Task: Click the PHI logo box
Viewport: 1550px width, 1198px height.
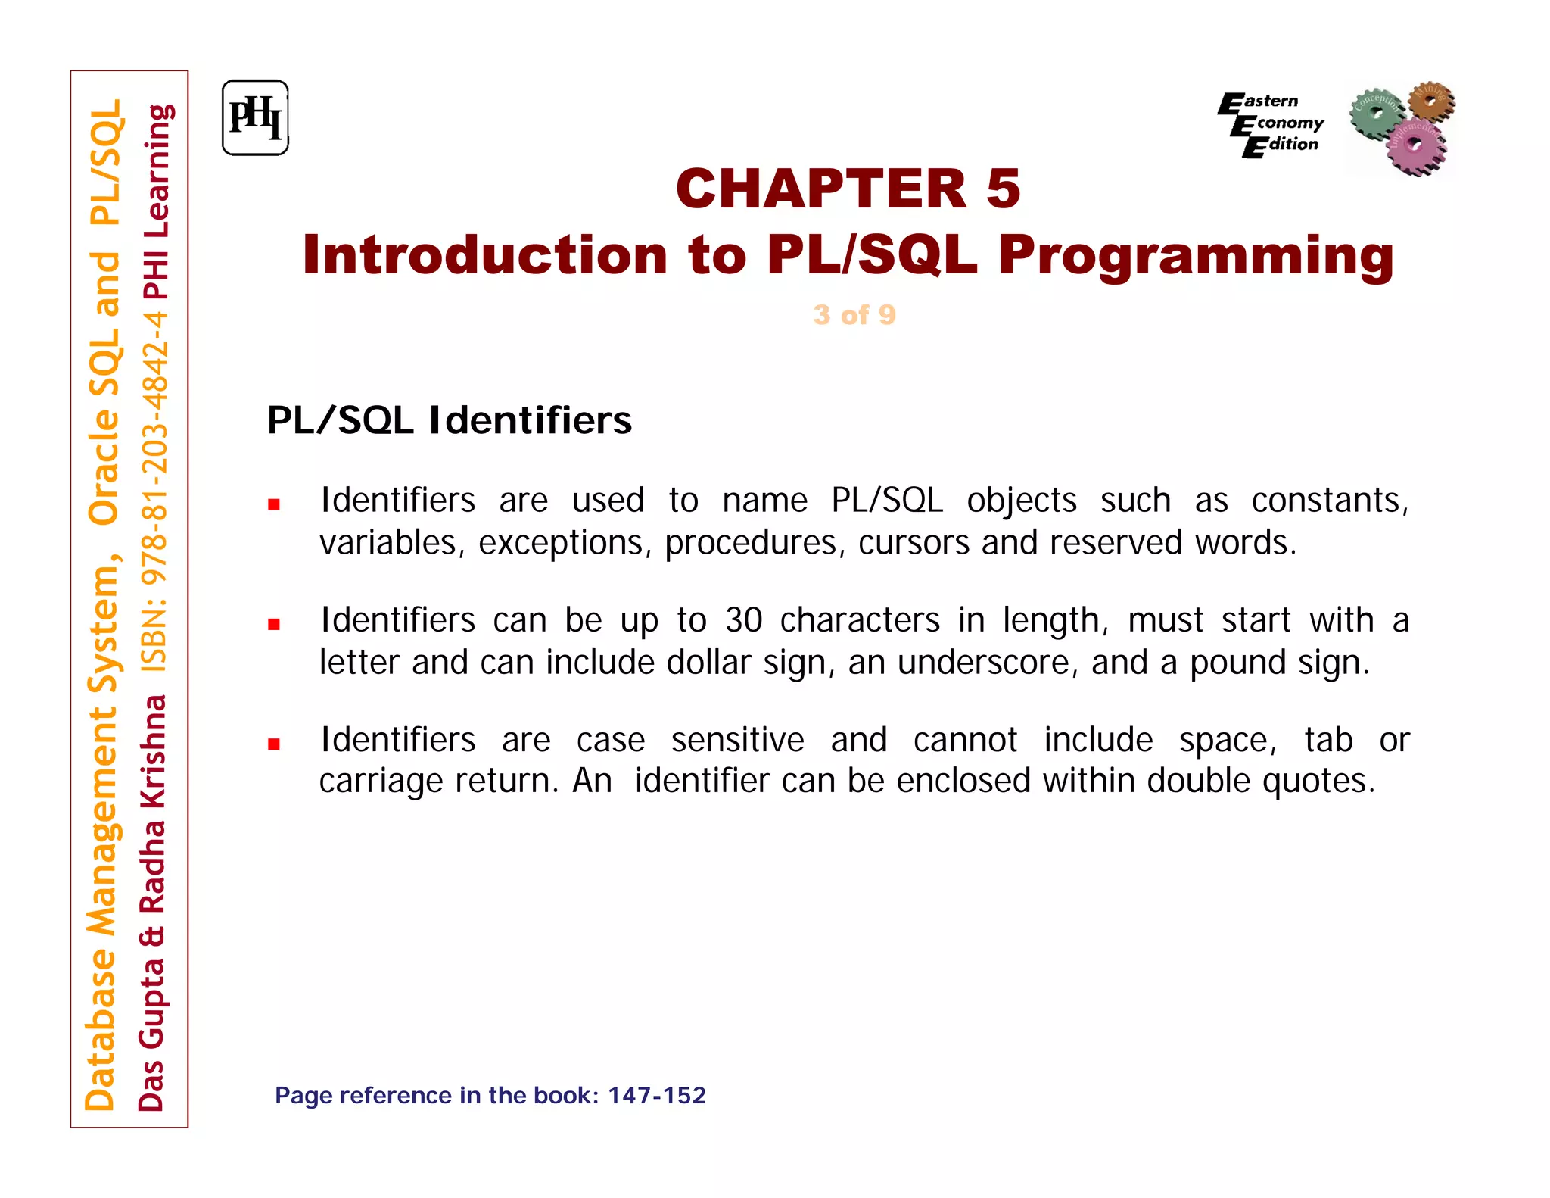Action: click(255, 118)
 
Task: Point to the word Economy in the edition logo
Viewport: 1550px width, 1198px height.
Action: click(1285, 123)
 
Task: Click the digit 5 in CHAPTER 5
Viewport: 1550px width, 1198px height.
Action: click(1004, 189)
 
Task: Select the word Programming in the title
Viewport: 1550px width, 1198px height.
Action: click(1195, 255)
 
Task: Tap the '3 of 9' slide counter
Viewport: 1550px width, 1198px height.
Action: click(854, 315)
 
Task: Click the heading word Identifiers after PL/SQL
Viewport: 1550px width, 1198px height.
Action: click(530, 420)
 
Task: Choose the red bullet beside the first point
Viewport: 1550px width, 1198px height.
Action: click(274, 504)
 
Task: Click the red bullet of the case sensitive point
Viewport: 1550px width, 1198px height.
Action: click(274, 744)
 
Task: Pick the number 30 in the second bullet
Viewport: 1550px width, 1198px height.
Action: click(743, 620)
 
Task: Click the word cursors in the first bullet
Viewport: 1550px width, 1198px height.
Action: click(914, 543)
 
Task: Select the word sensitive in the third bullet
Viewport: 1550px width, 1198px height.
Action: click(737, 740)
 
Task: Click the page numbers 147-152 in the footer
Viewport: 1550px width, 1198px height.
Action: click(656, 1096)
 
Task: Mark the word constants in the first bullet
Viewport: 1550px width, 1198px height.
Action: click(1329, 501)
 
